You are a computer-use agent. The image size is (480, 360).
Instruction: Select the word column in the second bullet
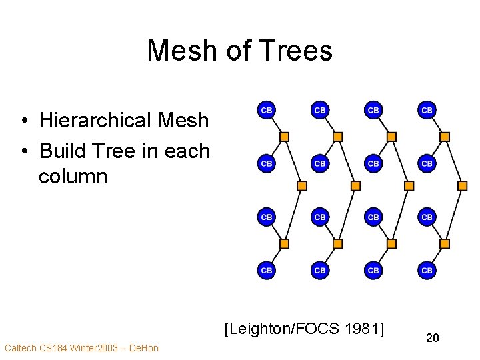[x=73, y=177]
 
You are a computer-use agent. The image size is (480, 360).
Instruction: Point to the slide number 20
[x=433, y=339]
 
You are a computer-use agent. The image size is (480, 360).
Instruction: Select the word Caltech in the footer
[x=20, y=348]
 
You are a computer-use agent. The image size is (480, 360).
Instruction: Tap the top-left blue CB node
[x=266, y=109]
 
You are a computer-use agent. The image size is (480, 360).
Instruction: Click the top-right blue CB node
[x=427, y=109]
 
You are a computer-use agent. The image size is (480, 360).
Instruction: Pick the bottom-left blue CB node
[x=266, y=270]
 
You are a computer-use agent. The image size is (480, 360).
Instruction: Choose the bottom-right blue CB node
[x=427, y=270]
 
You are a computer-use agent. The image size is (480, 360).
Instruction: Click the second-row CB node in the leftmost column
[x=266, y=163]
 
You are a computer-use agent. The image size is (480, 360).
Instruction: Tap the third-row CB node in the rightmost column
[x=427, y=217]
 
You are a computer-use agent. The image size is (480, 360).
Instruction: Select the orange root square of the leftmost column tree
[x=302, y=185]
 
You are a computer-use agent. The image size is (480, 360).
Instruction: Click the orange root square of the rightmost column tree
[x=463, y=185]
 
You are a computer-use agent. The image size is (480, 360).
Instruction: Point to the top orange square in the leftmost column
[x=284, y=137]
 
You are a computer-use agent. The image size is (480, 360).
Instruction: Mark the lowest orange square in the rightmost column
[x=445, y=244]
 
